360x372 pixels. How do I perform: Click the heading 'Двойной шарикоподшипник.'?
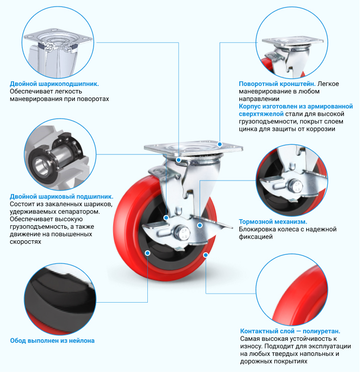click(54, 84)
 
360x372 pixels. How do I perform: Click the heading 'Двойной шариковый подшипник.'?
click(61, 197)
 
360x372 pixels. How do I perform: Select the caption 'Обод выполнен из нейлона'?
click(52, 341)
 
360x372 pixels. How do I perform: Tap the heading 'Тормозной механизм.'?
click(273, 222)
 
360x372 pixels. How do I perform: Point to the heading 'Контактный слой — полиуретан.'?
click(290, 331)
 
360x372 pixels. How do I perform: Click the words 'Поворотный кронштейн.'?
click(277, 84)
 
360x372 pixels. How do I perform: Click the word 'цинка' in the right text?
click(247, 129)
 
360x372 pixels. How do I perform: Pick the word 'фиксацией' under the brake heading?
click(255, 237)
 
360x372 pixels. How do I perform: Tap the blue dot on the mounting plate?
click(220, 144)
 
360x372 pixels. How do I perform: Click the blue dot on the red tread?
click(206, 255)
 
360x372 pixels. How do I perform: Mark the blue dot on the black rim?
click(147, 253)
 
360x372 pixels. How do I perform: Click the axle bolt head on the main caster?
click(182, 232)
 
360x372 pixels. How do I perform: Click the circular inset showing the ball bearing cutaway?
click(60, 154)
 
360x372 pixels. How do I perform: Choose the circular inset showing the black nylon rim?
click(60, 299)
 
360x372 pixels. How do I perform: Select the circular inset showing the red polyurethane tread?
click(292, 290)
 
